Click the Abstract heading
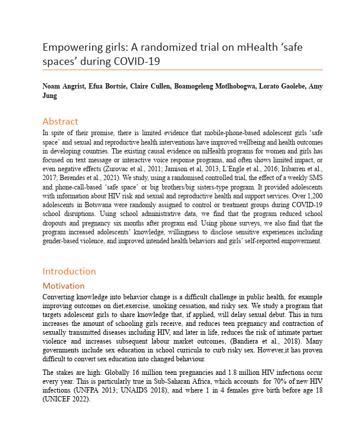point(60,122)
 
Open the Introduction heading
point(68,271)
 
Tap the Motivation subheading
point(64,286)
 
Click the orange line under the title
point(183,70)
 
